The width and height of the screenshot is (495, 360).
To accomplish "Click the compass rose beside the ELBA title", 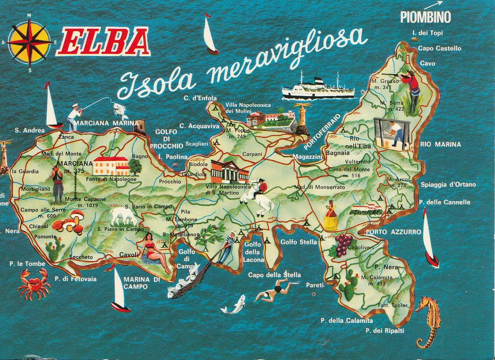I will (x=29, y=43).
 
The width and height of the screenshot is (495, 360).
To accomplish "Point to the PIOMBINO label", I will (x=425, y=17).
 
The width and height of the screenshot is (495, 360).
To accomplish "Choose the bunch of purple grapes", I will (x=344, y=244).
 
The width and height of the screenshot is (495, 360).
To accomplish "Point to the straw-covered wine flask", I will (x=331, y=217).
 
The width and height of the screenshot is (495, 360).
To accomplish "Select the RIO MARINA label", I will (x=441, y=144).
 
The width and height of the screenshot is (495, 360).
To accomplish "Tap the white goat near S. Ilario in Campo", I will (x=123, y=216).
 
